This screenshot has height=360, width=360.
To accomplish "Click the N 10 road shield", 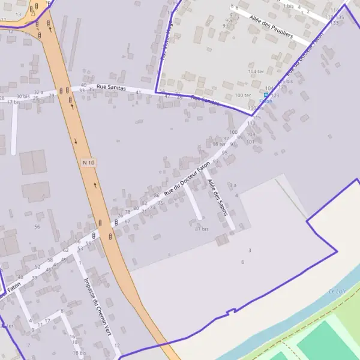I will (88, 163).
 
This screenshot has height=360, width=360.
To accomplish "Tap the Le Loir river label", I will (337, 292).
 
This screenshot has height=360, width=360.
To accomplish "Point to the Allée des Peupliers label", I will (271, 27).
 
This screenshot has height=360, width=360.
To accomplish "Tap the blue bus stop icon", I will (266, 95).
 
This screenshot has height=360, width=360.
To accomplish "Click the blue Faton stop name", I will (265, 101).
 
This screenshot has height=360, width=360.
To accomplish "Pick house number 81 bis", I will (202, 229).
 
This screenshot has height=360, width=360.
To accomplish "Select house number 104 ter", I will (256, 71).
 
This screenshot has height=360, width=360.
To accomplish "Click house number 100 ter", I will (243, 95).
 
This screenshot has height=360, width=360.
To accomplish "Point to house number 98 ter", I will (219, 144).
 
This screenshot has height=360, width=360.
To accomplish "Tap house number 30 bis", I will (23, 96).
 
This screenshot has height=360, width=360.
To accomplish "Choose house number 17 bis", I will (13, 102).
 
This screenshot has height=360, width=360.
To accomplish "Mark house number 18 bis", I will (79, 353).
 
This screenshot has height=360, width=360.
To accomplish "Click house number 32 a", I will (38, 92).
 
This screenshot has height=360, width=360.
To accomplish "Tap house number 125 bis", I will (285, 81).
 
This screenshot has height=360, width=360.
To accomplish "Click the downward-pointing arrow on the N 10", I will (76, 141).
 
